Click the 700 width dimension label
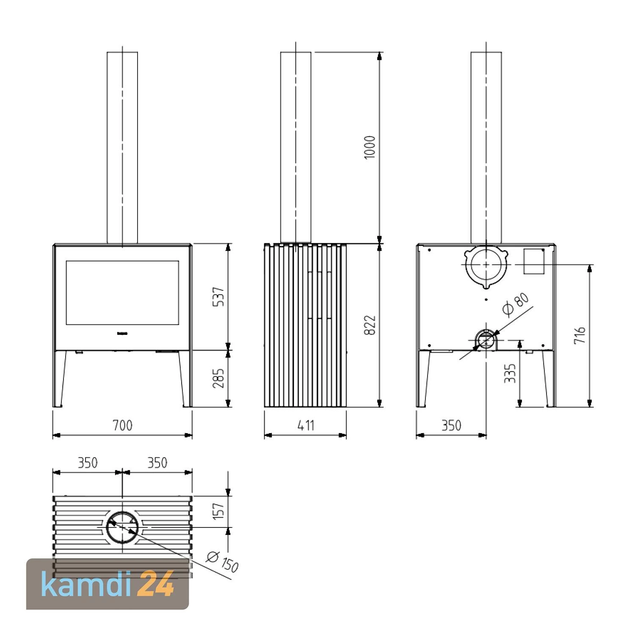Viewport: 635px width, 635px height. (122, 425)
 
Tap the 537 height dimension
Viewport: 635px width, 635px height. (218, 297)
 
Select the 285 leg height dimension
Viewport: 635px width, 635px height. (218, 378)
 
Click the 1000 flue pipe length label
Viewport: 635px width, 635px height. (370, 147)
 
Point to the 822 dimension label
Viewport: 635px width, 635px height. (370, 325)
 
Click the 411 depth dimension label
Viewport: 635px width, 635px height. (306, 425)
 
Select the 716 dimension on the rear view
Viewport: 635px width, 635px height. (580, 335)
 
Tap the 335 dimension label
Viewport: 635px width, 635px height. (510, 373)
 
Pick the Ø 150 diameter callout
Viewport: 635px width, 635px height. (223, 561)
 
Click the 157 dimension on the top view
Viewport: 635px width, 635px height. (218, 511)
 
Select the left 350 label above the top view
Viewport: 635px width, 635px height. (88, 463)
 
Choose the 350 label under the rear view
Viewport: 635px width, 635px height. (451, 425)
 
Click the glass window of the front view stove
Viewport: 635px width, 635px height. (122, 293)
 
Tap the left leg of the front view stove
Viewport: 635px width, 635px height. (61, 378)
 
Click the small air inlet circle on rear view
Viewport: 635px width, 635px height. (486, 340)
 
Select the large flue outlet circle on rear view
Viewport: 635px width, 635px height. (486, 264)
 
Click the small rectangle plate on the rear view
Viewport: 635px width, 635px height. (534, 261)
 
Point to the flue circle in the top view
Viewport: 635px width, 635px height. (122, 527)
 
